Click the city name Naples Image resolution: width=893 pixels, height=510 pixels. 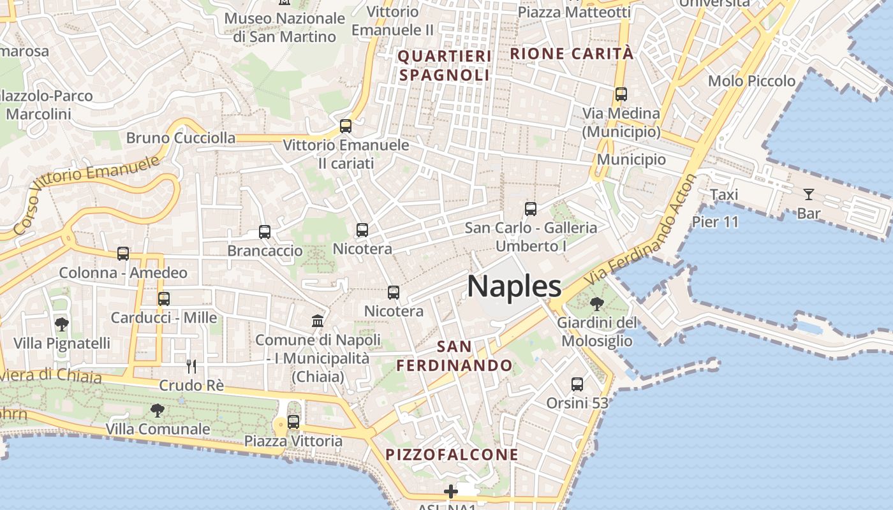(x=514, y=286)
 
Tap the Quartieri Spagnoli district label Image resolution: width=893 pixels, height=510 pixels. (x=445, y=66)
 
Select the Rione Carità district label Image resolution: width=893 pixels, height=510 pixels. (x=572, y=54)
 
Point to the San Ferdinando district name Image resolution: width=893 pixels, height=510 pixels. (x=455, y=356)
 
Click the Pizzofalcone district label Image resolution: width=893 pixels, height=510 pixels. (x=452, y=455)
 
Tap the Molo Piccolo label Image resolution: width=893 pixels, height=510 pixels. (x=752, y=81)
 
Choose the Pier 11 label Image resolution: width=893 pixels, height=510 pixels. (x=715, y=222)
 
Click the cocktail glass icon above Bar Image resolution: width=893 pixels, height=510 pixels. (x=809, y=194)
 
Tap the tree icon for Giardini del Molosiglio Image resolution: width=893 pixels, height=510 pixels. (x=597, y=304)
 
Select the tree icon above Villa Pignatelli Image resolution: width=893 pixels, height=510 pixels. (x=62, y=324)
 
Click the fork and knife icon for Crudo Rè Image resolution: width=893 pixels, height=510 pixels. (x=191, y=366)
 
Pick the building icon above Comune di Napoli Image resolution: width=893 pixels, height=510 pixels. (x=318, y=320)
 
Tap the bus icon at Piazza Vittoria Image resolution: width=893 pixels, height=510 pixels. (x=293, y=421)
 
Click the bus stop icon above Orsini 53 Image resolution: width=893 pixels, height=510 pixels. (x=577, y=384)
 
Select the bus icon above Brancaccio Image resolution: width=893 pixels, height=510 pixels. (x=265, y=232)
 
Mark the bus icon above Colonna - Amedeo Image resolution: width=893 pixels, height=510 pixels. (x=123, y=254)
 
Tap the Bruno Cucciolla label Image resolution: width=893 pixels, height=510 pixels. (x=181, y=138)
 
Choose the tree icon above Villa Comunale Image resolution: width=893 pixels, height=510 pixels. (x=157, y=410)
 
